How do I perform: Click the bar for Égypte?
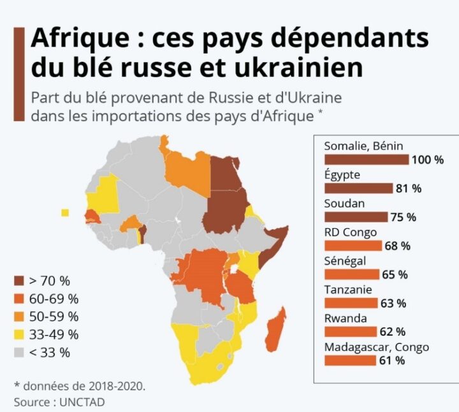pyautogui.click(x=358, y=188)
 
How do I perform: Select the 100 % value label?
pyautogui.click(x=427, y=160)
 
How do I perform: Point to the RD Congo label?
pyautogui.click(x=351, y=232)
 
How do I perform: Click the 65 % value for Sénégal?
pyautogui.click(x=394, y=274)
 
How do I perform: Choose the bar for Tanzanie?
pyautogui.click(x=351, y=303)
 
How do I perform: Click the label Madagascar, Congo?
pyautogui.click(x=376, y=348)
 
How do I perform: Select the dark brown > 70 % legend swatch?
pyautogui.click(x=20, y=280)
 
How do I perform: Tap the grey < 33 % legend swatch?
pyautogui.click(x=20, y=352)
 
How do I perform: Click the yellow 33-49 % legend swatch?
pyautogui.click(x=20, y=334)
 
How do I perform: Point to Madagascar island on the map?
pyautogui.click(x=273, y=329)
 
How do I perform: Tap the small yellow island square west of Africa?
pyautogui.click(x=64, y=213)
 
